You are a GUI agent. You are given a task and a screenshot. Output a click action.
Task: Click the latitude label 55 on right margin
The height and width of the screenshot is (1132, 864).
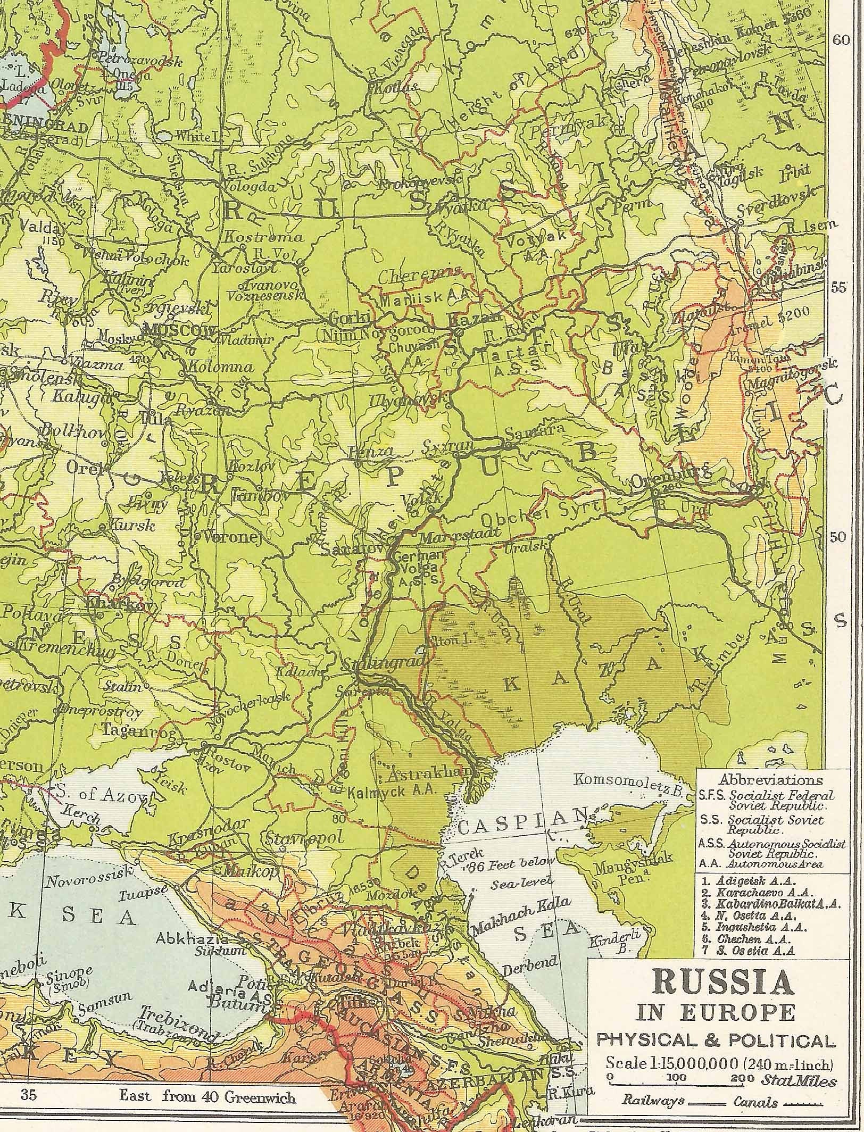tap(838, 288)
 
